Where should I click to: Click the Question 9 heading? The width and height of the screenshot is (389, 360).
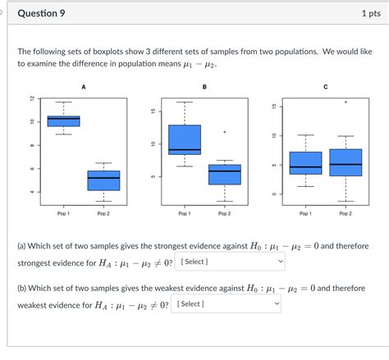42,14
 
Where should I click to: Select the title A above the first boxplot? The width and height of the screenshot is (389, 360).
84,86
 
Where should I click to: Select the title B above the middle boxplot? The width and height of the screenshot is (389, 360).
204,86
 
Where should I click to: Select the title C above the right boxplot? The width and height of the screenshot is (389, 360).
325,86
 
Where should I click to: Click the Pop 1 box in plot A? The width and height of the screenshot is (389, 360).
63,121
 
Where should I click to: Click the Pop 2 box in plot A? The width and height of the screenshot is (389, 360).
103,180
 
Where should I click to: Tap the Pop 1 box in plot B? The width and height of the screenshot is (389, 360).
184,139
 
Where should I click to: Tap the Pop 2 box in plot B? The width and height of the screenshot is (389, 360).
224,174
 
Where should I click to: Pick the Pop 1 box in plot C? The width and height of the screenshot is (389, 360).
305,162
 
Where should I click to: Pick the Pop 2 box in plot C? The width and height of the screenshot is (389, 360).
346,162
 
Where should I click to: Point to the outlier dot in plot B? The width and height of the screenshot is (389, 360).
224,132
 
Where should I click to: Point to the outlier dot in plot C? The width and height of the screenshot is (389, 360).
346,103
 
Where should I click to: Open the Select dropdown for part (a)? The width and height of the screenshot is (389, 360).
230,262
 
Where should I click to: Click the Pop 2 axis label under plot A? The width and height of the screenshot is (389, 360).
103,213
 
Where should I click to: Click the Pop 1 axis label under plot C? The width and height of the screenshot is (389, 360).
305,213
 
